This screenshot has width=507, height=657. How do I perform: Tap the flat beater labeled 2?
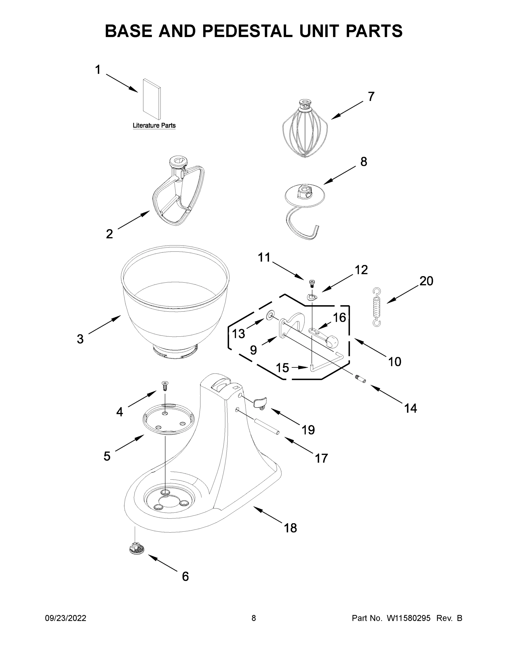[178, 195]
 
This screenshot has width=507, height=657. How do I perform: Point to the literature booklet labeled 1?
[152, 99]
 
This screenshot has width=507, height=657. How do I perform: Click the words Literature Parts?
[154, 125]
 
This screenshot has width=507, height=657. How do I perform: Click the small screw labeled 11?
[312, 283]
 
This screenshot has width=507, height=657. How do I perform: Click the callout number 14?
[410, 408]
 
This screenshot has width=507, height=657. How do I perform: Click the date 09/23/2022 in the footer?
[66, 618]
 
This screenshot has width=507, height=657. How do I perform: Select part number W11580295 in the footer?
[409, 618]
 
